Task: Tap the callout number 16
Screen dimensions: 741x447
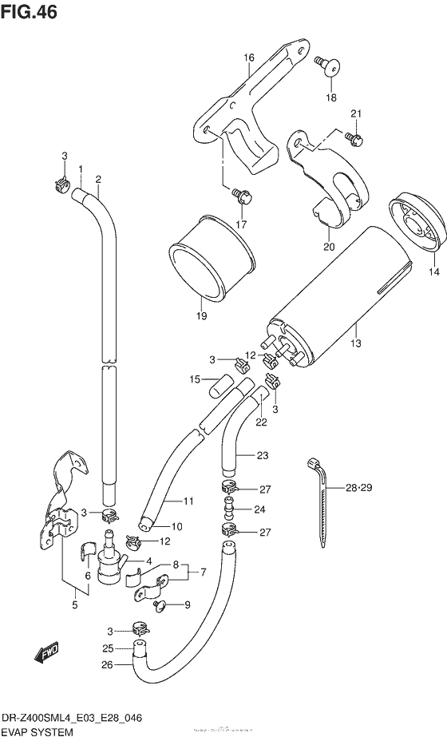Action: pyautogui.click(x=249, y=57)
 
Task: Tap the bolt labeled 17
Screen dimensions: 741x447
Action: pyautogui.click(x=239, y=192)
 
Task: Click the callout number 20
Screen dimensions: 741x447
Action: pyautogui.click(x=329, y=246)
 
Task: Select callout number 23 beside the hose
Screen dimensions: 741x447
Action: pyautogui.click(x=263, y=456)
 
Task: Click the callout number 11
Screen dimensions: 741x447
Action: pyautogui.click(x=188, y=501)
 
